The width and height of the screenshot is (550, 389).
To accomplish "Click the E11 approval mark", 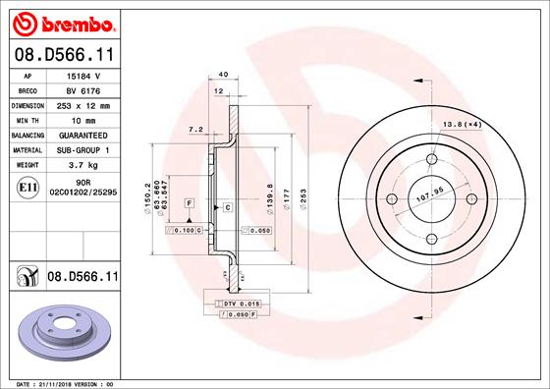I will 29,187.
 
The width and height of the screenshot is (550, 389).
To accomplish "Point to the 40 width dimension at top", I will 225,75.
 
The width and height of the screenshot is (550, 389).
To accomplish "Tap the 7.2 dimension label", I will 194,128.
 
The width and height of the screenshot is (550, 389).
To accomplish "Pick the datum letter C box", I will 227,207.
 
